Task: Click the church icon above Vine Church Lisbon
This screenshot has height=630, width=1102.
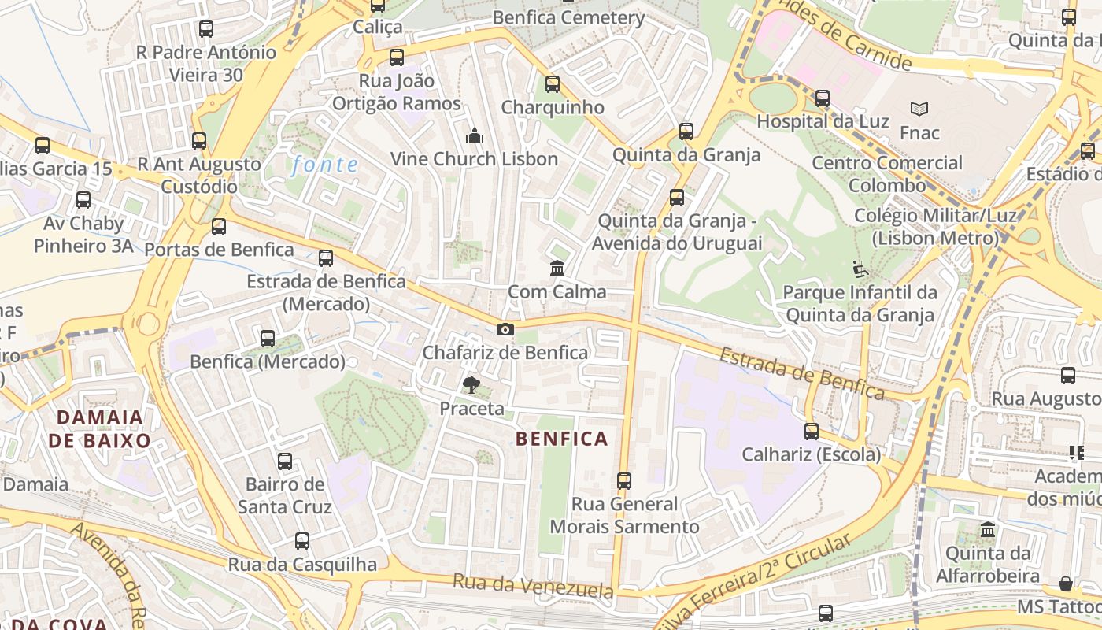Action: pyautogui.click(x=474, y=136)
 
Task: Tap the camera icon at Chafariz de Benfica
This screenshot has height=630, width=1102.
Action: pyautogui.click(x=505, y=329)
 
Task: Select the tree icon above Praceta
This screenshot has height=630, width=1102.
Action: pyautogui.click(x=471, y=385)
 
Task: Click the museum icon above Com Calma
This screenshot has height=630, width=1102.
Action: pyautogui.click(x=557, y=268)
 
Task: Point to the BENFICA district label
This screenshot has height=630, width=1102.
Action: pyautogui.click(x=562, y=439)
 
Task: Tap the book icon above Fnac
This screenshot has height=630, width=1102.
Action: pyautogui.click(x=919, y=109)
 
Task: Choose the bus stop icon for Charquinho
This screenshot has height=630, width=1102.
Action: pyautogui.click(x=553, y=84)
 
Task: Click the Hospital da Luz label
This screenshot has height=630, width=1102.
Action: pyautogui.click(x=823, y=121)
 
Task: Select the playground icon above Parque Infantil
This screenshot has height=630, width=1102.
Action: pyautogui.click(x=860, y=270)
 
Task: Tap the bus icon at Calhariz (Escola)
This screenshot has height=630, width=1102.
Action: pyautogui.click(x=812, y=432)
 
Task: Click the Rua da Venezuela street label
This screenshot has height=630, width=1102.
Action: pyautogui.click(x=532, y=586)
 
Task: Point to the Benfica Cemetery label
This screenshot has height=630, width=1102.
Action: pyautogui.click(x=568, y=17)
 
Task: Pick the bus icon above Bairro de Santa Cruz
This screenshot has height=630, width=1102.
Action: pyautogui.click(x=285, y=461)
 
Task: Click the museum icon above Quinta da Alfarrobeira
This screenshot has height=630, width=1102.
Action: pyautogui.click(x=988, y=529)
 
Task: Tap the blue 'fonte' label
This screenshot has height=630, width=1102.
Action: pyautogui.click(x=324, y=165)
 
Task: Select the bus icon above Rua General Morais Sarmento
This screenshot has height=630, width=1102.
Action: pyautogui.click(x=624, y=480)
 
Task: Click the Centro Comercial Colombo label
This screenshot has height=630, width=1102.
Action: pyautogui.click(x=887, y=174)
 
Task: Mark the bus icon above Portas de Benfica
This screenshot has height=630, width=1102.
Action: pyautogui.click(x=219, y=227)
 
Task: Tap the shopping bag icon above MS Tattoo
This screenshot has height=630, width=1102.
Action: pyautogui.click(x=1065, y=584)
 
